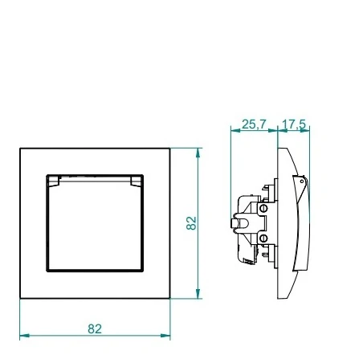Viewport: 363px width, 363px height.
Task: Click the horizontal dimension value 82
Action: point(95,329)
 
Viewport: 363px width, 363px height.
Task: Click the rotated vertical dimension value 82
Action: point(191,223)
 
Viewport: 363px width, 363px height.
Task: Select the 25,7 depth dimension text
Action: point(254,124)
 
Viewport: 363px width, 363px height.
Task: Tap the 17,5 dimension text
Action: point(294,124)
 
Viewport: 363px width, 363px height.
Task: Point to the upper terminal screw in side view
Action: point(264,208)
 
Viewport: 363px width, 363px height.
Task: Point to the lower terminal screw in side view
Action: point(264,238)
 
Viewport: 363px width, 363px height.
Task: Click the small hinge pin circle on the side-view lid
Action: point(302,181)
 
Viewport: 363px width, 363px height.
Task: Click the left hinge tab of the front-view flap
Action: point(53,181)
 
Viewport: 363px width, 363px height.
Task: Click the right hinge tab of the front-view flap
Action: point(136,181)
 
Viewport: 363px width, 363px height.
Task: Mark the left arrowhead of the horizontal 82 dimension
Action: point(24,336)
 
